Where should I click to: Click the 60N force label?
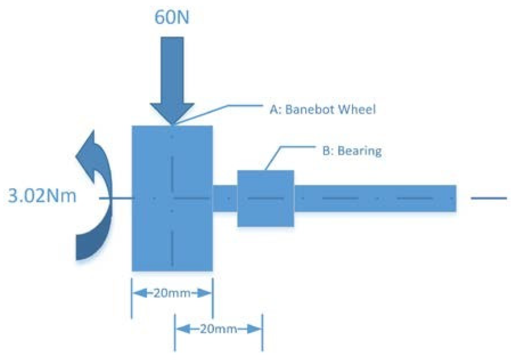[171, 17]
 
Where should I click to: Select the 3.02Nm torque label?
[42, 196]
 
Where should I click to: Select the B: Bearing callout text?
[352, 151]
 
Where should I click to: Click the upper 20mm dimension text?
[172, 293]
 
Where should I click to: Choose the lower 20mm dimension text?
[218, 329]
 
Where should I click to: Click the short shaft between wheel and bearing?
[225, 198]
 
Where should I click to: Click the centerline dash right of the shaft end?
[489, 198]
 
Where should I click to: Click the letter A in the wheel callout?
[274, 109]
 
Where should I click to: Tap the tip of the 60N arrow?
[172, 123]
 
